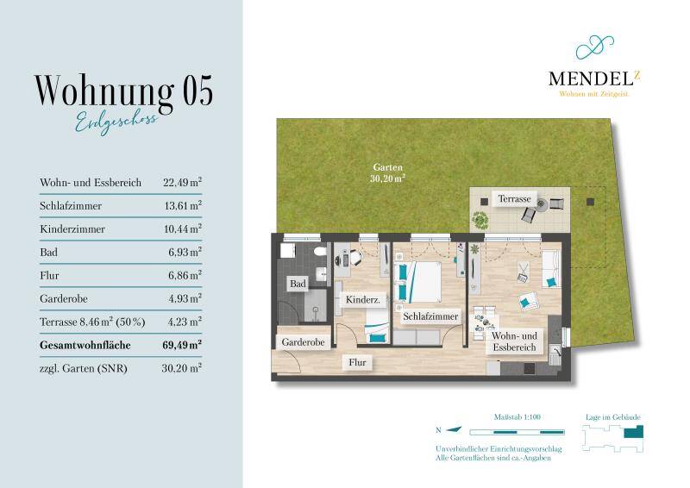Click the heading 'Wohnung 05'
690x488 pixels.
pyautogui.click(x=122, y=91)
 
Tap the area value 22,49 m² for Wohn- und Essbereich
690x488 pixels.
pyautogui.click(x=182, y=183)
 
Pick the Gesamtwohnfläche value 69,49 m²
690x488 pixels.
pyautogui.click(x=182, y=344)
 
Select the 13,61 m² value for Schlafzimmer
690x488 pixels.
pyautogui.click(x=182, y=206)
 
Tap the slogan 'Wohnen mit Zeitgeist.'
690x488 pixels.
pyautogui.click(x=595, y=94)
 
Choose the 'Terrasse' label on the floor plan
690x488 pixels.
pyautogui.click(x=514, y=198)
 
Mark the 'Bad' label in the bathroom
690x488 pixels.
pyautogui.click(x=298, y=284)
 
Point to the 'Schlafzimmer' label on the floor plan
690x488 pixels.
pyautogui.click(x=430, y=316)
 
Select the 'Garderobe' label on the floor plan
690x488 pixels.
pyautogui.click(x=303, y=342)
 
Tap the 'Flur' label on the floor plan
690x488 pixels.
pyautogui.click(x=357, y=363)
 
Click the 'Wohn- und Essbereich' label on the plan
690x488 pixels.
pyautogui.click(x=514, y=341)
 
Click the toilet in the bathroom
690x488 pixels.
pyautogui.click(x=320, y=252)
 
